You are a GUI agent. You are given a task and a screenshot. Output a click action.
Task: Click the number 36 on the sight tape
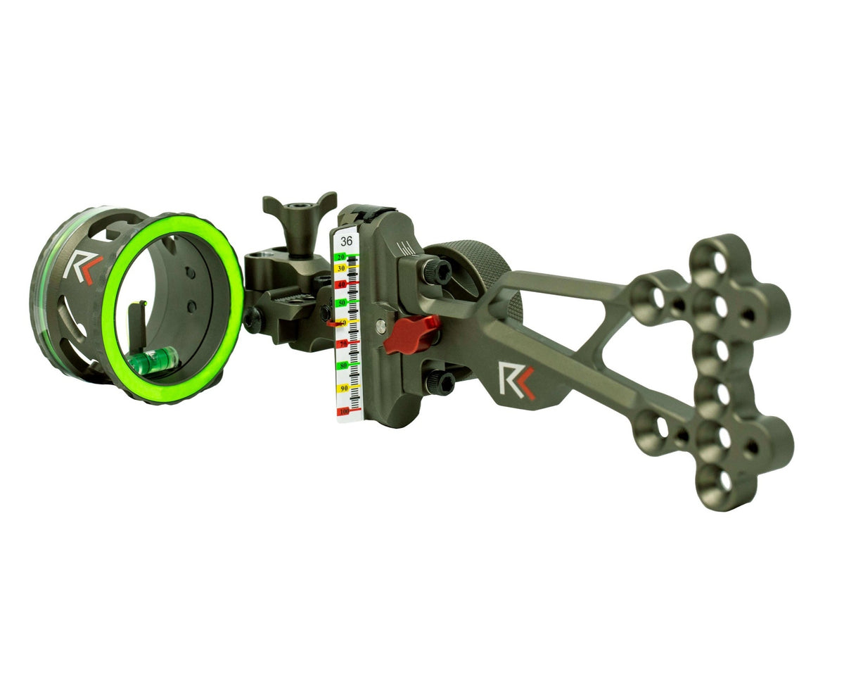pyautogui.click(x=347, y=241)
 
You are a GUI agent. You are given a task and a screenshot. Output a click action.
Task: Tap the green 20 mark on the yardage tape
pyautogui.click(x=342, y=258)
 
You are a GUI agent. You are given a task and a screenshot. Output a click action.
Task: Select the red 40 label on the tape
pyautogui.click(x=342, y=284)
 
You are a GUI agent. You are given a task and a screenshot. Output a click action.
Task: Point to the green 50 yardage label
pyautogui.click(x=343, y=302)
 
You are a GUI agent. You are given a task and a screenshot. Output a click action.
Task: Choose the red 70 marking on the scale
pyautogui.click(x=343, y=344)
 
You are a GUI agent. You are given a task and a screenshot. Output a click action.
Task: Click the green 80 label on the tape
pyautogui.click(x=343, y=366)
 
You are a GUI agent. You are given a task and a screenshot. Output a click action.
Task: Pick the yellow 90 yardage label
pyautogui.click(x=343, y=389)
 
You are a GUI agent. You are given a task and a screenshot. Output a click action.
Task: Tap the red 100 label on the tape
pyautogui.click(x=343, y=411)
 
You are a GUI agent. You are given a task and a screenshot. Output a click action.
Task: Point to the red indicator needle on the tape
pyautogui.click(x=332, y=323)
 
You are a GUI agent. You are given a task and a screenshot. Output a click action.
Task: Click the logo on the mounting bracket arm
pyautogui.click(x=516, y=381)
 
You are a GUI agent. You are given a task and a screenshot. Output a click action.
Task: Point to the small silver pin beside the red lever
pyautogui.click(x=381, y=325)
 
